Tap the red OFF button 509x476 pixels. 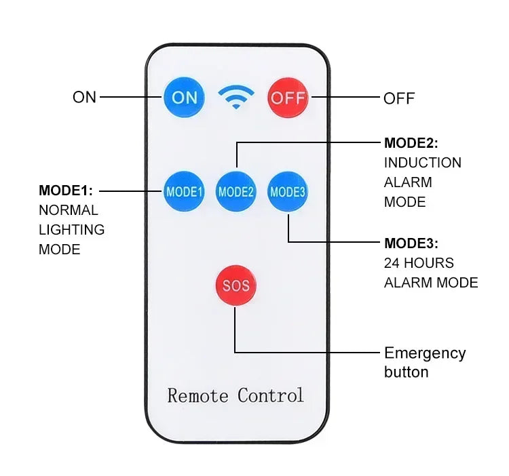(288, 98)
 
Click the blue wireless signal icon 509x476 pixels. (235, 97)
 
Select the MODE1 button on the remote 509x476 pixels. (184, 192)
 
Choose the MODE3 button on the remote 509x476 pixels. (288, 192)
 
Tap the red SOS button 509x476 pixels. (235, 285)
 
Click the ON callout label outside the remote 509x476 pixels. (85, 98)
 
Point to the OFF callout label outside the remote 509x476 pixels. (399, 98)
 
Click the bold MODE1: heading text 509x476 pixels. (66, 191)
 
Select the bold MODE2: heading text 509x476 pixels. (411, 143)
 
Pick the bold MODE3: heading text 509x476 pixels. (411, 243)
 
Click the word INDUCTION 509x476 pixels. (422, 163)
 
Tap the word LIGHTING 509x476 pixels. (71, 230)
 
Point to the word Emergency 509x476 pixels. (425, 353)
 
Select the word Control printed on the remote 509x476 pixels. (271, 395)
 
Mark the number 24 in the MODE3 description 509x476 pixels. (392, 263)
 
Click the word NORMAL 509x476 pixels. (68, 210)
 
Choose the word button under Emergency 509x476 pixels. (406, 372)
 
